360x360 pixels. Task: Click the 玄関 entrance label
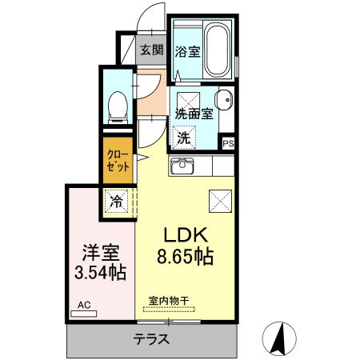[x=151, y=50]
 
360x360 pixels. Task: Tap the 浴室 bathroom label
[x=188, y=50]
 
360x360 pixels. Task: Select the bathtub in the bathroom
[x=217, y=50]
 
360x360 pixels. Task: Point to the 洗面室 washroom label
[x=194, y=114]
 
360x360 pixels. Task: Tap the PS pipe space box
[x=229, y=144]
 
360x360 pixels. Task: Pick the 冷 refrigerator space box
[x=117, y=201]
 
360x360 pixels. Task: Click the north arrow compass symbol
[x=280, y=337]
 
